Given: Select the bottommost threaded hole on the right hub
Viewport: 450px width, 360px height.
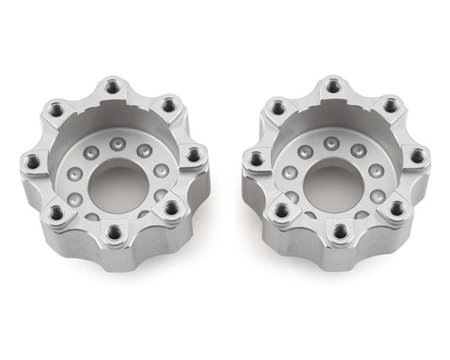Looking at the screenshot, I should coord(340,231).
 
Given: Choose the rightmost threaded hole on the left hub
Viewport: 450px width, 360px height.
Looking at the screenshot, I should coord(193,155).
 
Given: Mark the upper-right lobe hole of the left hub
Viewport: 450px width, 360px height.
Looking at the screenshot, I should coord(169,105).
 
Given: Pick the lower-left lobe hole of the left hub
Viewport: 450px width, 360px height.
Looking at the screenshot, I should coord(57,212).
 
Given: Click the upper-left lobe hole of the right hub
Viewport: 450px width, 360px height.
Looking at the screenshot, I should coord(278,107).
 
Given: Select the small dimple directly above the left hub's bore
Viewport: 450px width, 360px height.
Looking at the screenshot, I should coord(117,143).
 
